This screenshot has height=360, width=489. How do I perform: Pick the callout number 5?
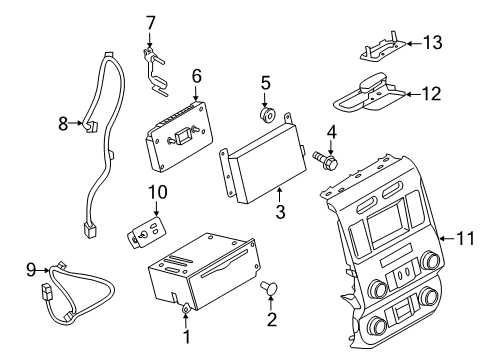266,83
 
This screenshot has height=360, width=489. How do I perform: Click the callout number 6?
197,75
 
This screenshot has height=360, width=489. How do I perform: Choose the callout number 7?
151,21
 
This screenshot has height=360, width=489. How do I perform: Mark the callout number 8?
63,125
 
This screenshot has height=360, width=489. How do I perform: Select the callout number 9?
30,268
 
